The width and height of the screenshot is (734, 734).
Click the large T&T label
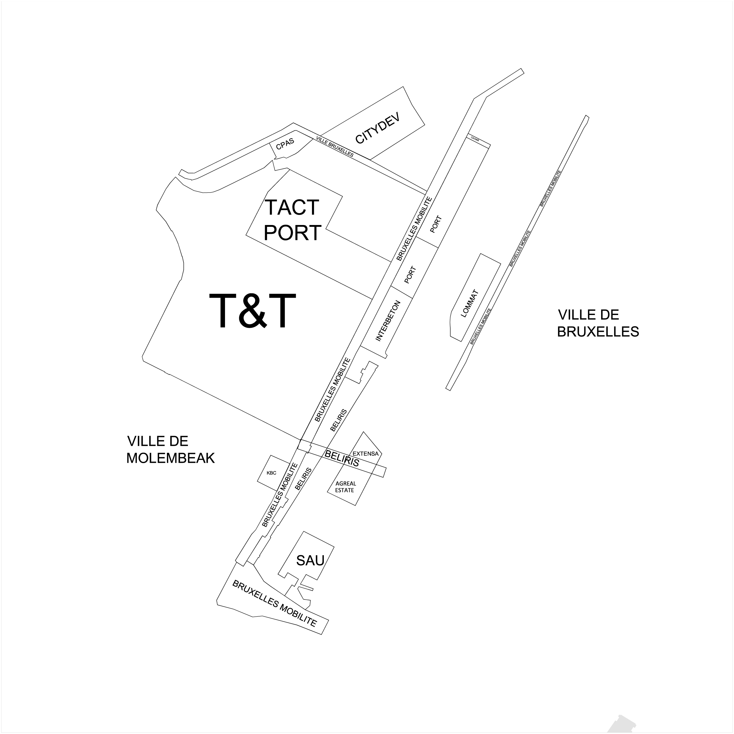(x=253, y=311)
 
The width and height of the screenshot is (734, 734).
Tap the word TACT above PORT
(x=292, y=207)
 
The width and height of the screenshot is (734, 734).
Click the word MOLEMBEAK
(x=170, y=458)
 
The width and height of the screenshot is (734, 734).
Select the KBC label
(x=271, y=473)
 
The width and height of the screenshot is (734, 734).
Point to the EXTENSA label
(x=365, y=454)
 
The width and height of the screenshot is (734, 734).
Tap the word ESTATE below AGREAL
(x=344, y=490)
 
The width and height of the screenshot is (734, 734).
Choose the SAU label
(x=310, y=560)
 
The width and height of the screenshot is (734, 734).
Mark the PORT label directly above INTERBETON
(x=410, y=275)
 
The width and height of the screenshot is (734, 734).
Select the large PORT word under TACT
(x=293, y=233)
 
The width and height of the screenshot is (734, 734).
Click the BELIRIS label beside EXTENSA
(x=342, y=459)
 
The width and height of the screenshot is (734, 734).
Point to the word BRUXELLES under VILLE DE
(x=598, y=332)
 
